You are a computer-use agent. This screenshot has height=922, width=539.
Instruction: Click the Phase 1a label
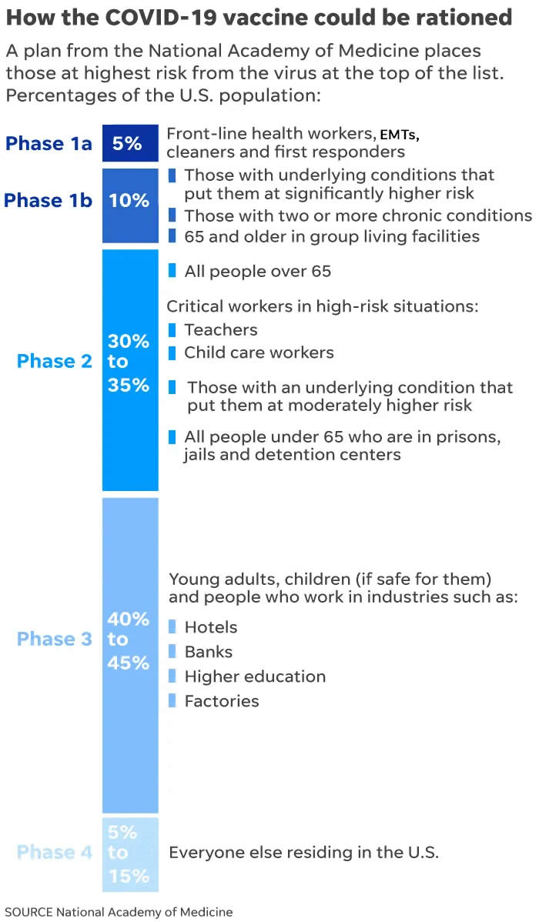click(x=49, y=143)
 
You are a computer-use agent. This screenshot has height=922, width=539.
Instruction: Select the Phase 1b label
click(x=49, y=200)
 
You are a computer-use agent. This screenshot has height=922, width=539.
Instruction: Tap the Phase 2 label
click(x=55, y=361)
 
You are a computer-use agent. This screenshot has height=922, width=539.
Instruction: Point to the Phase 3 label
click(x=55, y=639)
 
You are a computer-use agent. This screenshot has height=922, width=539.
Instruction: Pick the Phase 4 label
click(x=55, y=852)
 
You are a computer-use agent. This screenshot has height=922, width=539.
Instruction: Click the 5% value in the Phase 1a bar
click(x=127, y=143)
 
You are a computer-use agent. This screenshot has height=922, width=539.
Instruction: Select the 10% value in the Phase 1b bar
click(x=129, y=200)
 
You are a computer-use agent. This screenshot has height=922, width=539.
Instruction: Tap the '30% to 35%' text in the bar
click(x=129, y=362)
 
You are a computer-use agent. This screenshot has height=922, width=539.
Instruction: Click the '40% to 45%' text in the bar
click(x=129, y=640)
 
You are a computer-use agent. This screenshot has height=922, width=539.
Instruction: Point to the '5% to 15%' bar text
click(x=123, y=853)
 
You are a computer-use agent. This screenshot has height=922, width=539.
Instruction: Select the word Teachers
click(x=221, y=329)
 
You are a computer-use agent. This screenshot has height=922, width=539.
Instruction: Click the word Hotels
click(x=211, y=627)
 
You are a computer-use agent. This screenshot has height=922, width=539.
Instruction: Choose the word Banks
click(x=208, y=652)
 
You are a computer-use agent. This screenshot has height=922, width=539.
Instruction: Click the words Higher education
click(x=255, y=676)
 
